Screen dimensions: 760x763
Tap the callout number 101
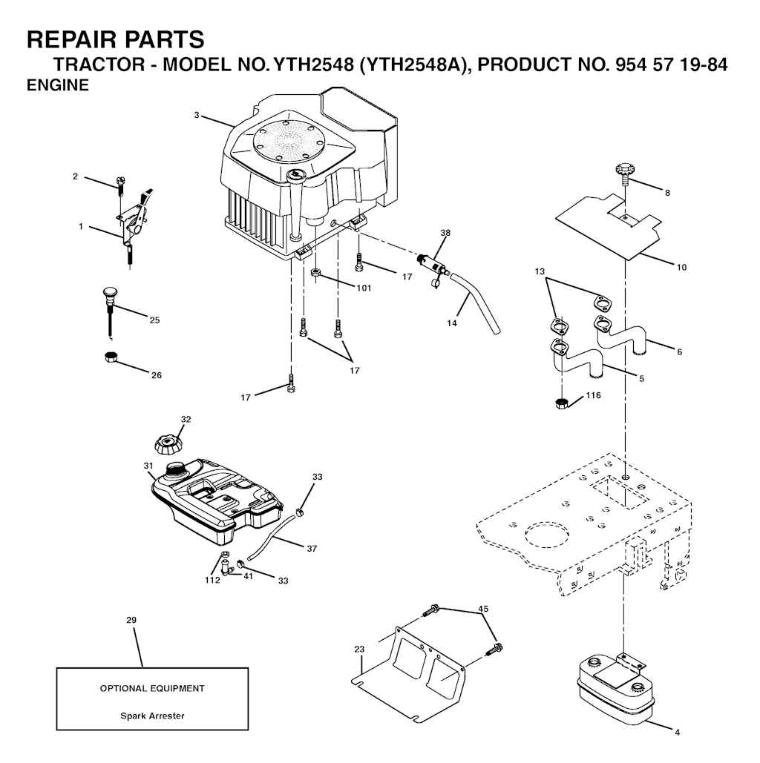[x=364, y=288]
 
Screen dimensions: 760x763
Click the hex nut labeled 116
[x=562, y=403]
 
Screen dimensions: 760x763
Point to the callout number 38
[x=445, y=233]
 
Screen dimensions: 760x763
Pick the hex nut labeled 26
[x=111, y=357]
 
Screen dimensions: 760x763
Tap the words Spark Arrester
[x=152, y=716]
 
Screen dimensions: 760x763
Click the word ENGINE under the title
[x=57, y=85]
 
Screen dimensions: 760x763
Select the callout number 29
[x=131, y=620]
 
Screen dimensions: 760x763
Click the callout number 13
[x=540, y=271]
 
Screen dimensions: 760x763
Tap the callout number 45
[x=483, y=609]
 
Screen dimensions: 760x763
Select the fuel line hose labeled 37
[x=271, y=536]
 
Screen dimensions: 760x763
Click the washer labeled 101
[x=315, y=272]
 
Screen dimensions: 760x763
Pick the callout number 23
[x=359, y=649]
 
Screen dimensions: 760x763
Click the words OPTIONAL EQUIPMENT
[x=152, y=689]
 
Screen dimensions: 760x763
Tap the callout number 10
[x=681, y=267]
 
